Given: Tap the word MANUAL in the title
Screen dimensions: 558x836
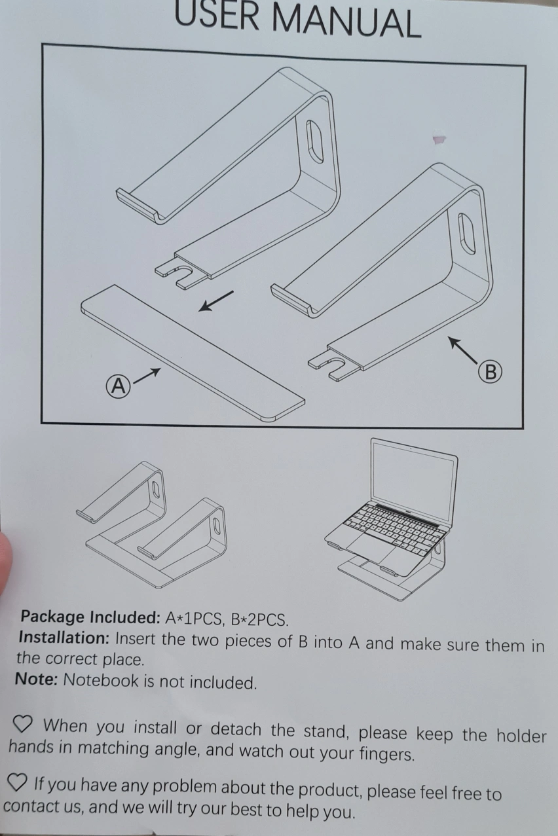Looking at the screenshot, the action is tap(346, 22).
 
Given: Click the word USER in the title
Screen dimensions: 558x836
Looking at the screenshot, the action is tap(217, 16).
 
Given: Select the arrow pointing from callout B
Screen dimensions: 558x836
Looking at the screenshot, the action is tap(463, 350).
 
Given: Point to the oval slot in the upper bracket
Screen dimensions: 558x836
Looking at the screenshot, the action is tap(315, 141).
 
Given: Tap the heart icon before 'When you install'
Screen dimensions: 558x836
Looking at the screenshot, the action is tap(23, 725).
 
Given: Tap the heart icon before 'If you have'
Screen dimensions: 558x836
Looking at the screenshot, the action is tap(18, 782).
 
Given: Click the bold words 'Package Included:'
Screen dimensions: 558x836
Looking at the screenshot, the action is tap(90, 617).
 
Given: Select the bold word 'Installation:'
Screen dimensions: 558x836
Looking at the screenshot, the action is tap(64, 638).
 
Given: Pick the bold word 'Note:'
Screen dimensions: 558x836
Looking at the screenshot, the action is tap(36, 679).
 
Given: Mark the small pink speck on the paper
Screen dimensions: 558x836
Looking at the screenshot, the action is tap(439, 139).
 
